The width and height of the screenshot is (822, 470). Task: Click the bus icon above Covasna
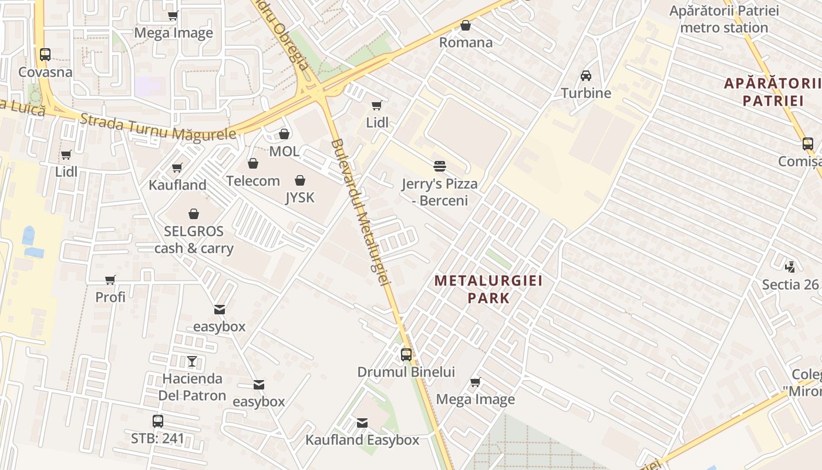click(45, 55)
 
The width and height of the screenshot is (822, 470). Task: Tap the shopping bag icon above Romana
click(466, 25)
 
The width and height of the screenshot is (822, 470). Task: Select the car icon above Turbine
click(586, 75)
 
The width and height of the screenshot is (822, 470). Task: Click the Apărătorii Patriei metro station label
click(724, 19)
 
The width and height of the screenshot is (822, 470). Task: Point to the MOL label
click(284, 151)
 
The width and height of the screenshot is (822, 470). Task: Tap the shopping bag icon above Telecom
click(253, 163)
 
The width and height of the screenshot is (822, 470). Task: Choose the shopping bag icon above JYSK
click(300, 180)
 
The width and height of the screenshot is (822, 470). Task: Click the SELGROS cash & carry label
click(194, 240)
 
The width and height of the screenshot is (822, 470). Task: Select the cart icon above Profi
click(110, 280)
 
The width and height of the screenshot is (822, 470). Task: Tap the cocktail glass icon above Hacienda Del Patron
click(192, 361)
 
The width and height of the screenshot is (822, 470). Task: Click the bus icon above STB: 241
click(157, 421)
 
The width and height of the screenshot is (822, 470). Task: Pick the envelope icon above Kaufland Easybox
click(362, 422)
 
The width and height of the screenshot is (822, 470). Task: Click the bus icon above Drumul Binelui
click(406, 355)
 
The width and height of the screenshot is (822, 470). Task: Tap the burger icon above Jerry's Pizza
click(440, 166)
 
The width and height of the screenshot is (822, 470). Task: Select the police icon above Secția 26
click(790, 267)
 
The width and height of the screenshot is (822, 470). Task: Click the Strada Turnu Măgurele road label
click(159, 127)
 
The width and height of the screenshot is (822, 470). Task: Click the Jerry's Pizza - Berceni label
click(439, 192)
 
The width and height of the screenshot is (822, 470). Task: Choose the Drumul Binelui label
click(406, 372)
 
